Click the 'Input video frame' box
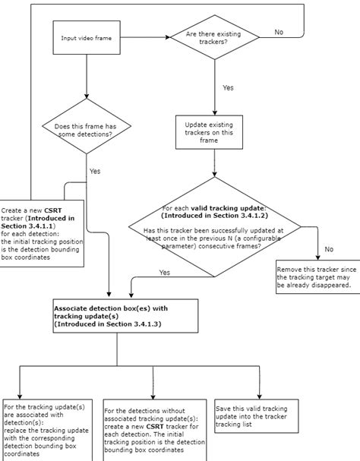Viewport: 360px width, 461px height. (x=87, y=38)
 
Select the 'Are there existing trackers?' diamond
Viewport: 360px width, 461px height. (x=215, y=37)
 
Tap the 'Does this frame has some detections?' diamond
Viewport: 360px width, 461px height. (x=87, y=126)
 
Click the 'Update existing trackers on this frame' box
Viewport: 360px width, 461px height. (x=209, y=132)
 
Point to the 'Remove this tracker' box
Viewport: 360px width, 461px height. (x=318, y=277)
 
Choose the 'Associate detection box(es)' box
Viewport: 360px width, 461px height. (x=125, y=316)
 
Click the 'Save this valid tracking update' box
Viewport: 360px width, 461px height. (x=257, y=416)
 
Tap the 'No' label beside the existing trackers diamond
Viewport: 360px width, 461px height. (x=279, y=32)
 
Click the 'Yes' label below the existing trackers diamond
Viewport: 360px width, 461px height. (x=228, y=87)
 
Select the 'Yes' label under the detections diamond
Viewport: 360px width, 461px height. (x=95, y=171)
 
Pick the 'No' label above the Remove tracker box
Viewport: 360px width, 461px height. (x=329, y=249)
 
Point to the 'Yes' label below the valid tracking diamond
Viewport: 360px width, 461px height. (x=164, y=273)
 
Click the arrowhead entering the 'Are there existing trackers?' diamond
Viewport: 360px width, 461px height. (x=168, y=37)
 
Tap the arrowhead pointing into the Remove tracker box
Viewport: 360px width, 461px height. (x=317, y=258)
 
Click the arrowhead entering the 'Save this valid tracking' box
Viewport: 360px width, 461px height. (x=260, y=396)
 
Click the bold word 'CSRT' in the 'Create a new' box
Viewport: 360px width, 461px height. (x=53, y=210)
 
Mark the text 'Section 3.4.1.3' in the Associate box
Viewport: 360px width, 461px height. (x=134, y=324)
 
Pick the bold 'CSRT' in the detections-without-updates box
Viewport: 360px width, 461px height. (x=155, y=426)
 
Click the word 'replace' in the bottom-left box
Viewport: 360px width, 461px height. (x=15, y=431)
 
